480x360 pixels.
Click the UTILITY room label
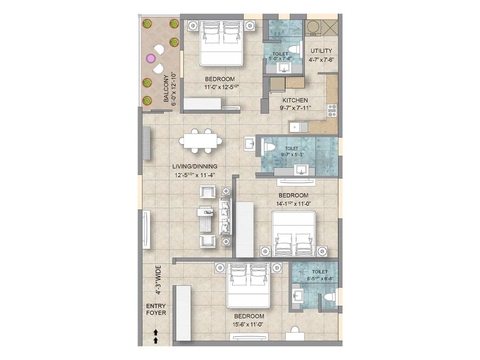tap(321, 51)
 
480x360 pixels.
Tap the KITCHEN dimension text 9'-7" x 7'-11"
tap(295, 108)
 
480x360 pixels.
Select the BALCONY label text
tap(166, 89)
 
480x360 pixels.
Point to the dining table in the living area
tap(201, 141)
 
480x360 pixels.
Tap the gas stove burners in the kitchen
tap(332, 110)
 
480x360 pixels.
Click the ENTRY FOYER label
tap(156, 309)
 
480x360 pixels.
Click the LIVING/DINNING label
tap(195, 166)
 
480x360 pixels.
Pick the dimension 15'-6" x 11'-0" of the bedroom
tap(248, 324)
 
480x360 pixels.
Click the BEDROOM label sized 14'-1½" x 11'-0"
tap(293, 195)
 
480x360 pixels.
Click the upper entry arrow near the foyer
tap(156, 332)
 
